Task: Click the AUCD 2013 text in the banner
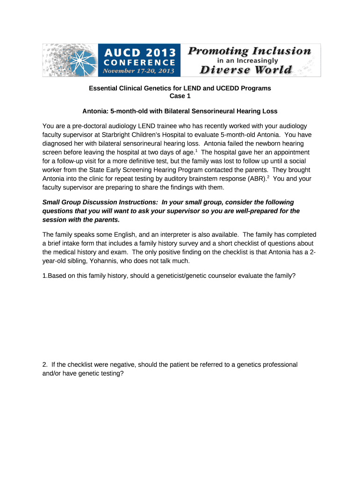pyautogui.click(x=138, y=51)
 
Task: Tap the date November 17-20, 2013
pyautogui.click(x=138, y=71)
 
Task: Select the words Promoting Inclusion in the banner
pyautogui.click(x=249, y=51)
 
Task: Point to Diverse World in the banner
pyautogui.click(x=246, y=70)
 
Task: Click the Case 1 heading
pyautogui.click(x=180, y=96)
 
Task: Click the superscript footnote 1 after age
pyautogui.click(x=196, y=151)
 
